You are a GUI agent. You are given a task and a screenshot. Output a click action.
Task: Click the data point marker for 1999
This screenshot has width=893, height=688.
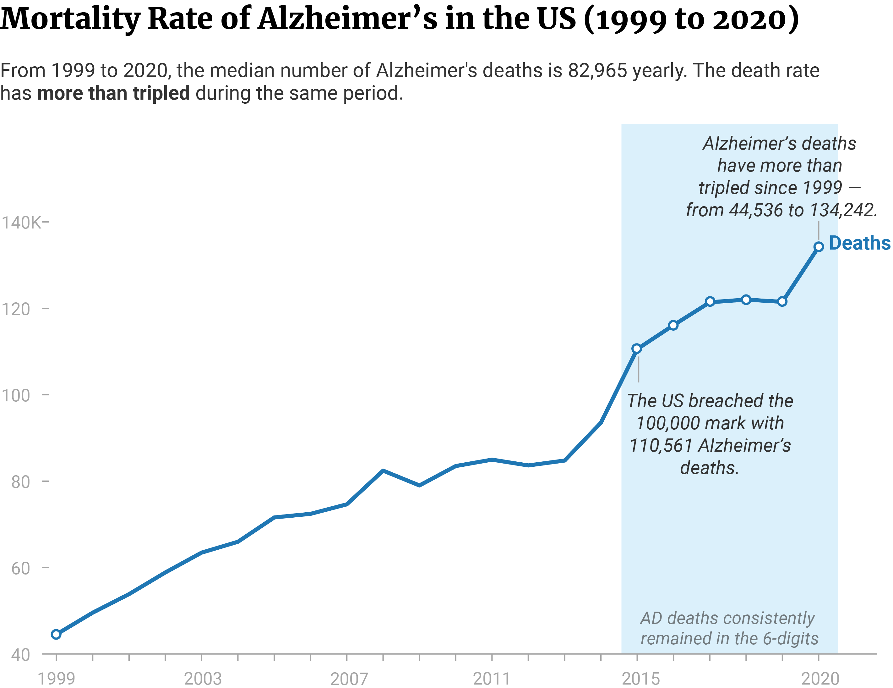pyautogui.click(x=56, y=635)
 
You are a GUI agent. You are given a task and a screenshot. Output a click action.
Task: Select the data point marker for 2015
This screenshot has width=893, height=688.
pyautogui.click(x=637, y=349)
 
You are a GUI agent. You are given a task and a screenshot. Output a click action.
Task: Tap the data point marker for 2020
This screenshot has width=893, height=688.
pyautogui.click(x=819, y=247)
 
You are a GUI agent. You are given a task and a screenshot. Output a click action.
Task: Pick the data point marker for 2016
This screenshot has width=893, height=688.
pyautogui.click(x=673, y=326)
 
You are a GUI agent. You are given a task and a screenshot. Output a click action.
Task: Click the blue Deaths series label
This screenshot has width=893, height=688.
pyautogui.click(x=859, y=243)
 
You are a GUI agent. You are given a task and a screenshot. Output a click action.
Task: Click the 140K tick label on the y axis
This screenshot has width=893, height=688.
pyautogui.click(x=21, y=223)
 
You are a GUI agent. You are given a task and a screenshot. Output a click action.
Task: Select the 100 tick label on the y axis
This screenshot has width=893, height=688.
pyautogui.click(x=16, y=395)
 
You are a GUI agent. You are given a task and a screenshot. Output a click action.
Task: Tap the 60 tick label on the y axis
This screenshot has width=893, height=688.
pyautogui.click(x=20, y=569)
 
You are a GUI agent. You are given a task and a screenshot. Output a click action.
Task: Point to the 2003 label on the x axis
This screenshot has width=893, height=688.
pyautogui.click(x=202, y=679)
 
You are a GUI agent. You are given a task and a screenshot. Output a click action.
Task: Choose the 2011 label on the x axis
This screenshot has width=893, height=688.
pyautogui.click(x=492, y=679)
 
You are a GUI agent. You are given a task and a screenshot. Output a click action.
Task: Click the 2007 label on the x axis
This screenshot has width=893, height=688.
pyautogui.click(x=349, y=679)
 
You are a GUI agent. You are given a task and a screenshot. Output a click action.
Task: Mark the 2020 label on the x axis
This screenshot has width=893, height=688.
pyautogui.click(x=820, y=679)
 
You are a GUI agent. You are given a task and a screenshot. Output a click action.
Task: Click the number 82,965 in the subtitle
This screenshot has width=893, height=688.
pyautogui.click(x=597, y=71)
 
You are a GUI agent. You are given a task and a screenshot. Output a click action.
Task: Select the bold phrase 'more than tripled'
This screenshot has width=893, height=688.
pyautogui.click(x=113, y=93)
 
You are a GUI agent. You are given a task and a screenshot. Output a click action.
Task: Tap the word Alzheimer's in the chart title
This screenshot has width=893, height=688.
pyautogui.click(x=347, y=19)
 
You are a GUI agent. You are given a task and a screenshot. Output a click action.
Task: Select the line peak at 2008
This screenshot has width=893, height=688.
pyautogui.click(x=383, y=471)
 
